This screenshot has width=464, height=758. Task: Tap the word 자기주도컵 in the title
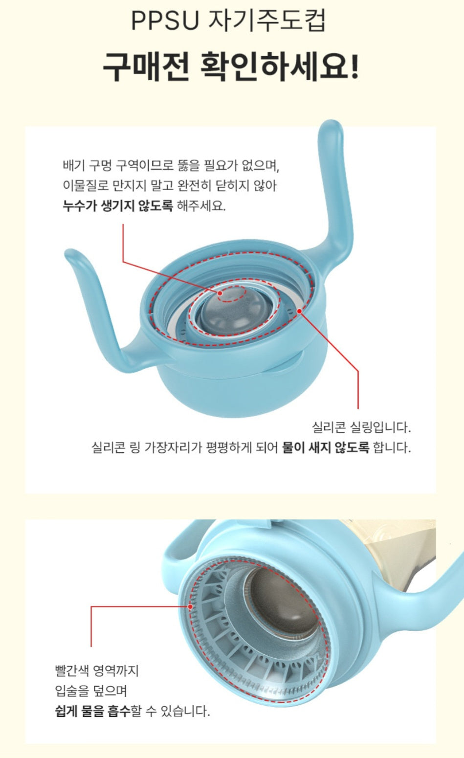[267, 22]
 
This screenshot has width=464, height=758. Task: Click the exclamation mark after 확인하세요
[354, 67]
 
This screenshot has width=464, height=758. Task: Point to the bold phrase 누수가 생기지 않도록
[117, 206]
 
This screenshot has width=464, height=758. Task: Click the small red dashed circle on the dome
[232, 294]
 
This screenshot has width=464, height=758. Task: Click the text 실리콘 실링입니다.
[361, 427]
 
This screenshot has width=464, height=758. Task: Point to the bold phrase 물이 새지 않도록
[326, 447]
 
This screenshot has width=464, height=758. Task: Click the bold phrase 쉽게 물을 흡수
[92, 711]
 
